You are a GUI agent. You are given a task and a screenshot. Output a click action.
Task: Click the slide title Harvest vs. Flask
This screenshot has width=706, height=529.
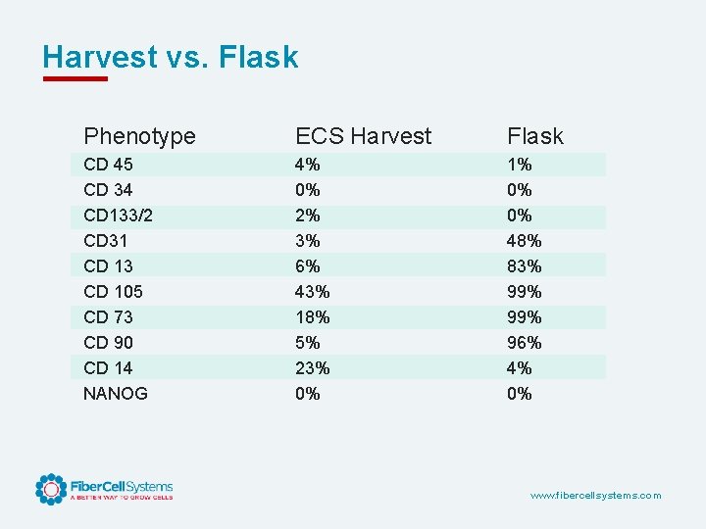[171, 57]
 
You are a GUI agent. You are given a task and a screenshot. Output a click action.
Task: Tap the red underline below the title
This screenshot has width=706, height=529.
[75, 78]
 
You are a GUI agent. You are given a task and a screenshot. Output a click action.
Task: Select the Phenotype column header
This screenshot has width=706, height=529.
[139, 136]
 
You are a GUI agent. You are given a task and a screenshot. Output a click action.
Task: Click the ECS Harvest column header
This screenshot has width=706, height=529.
[363, 136]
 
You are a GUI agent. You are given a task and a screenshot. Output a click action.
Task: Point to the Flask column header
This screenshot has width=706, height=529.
[534, 136]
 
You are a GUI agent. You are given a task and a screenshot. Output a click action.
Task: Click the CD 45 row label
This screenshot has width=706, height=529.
[108, 165]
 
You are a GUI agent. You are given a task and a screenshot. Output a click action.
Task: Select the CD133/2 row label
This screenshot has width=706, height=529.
[118, 216]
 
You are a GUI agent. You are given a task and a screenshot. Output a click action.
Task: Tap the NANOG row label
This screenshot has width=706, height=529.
[116, 394]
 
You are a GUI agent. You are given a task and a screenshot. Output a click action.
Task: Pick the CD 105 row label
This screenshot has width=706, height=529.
[113, 292]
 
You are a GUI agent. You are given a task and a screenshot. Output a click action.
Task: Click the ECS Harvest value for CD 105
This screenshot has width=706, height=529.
[312, 292]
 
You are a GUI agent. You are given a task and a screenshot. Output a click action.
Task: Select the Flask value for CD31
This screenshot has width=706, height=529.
[524, 241]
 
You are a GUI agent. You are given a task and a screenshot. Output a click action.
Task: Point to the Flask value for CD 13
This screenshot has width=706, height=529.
[524, 266]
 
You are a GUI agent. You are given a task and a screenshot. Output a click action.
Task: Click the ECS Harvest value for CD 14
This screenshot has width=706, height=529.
[312, 368]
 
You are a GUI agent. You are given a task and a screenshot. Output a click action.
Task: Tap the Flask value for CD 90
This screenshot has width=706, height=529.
[524, 343]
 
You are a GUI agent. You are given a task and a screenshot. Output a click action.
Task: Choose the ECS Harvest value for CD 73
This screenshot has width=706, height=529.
[312, 317]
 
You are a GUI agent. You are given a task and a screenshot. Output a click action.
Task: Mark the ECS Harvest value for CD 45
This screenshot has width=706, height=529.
[308, 165]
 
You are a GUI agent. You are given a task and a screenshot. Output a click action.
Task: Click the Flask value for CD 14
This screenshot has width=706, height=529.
[519, 368]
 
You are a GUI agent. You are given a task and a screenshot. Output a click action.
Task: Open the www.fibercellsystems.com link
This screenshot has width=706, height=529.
[595, 496]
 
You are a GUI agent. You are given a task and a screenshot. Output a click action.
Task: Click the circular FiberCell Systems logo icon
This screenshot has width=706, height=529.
[50, 489]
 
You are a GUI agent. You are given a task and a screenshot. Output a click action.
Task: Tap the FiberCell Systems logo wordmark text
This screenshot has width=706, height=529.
[121, 487]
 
